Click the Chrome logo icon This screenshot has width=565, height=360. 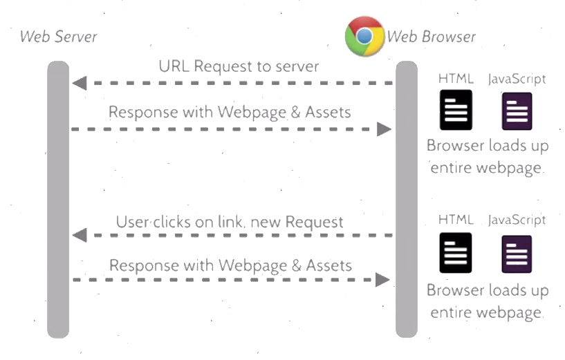click(x=364, y=36)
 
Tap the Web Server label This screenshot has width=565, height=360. click(x=59, y=37)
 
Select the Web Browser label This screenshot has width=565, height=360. click(x=431, y=37)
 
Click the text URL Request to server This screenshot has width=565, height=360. click(x=239, y=66)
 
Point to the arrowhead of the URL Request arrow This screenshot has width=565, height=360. click(x=79, y=84)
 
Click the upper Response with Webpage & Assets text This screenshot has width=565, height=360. click(x=230, y=112)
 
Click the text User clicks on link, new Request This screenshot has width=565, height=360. click(x=230, y=222)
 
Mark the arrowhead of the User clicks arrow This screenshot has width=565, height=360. click(x=79, y=235)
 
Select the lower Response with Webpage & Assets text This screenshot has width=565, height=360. click(x=230, y=265)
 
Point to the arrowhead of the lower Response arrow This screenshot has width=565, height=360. click(x=383, y=280)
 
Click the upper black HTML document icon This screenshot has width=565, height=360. click(x=456, y=110)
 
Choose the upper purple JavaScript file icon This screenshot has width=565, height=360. click(x=517, y=111)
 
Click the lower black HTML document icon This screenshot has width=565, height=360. click(x=456, y=252)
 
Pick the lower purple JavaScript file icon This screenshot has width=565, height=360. click(x=517, y=254)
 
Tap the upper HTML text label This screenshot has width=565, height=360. click(x=456, y=79)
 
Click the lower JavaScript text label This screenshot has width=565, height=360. click(x=517, y=220)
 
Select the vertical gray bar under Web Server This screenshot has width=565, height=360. click(x=59, y=200)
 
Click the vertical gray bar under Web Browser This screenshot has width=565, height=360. click(x=406, y=200)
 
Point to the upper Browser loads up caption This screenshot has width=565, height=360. click(x=487, y=146)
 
